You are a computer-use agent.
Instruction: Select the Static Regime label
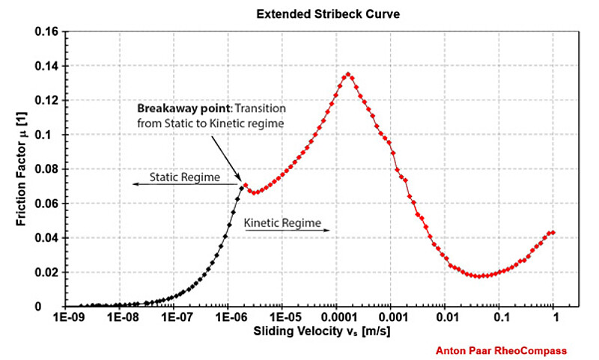184,177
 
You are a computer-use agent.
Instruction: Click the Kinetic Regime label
282,222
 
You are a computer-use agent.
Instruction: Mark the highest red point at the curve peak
348,74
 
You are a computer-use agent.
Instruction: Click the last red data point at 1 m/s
553,233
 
